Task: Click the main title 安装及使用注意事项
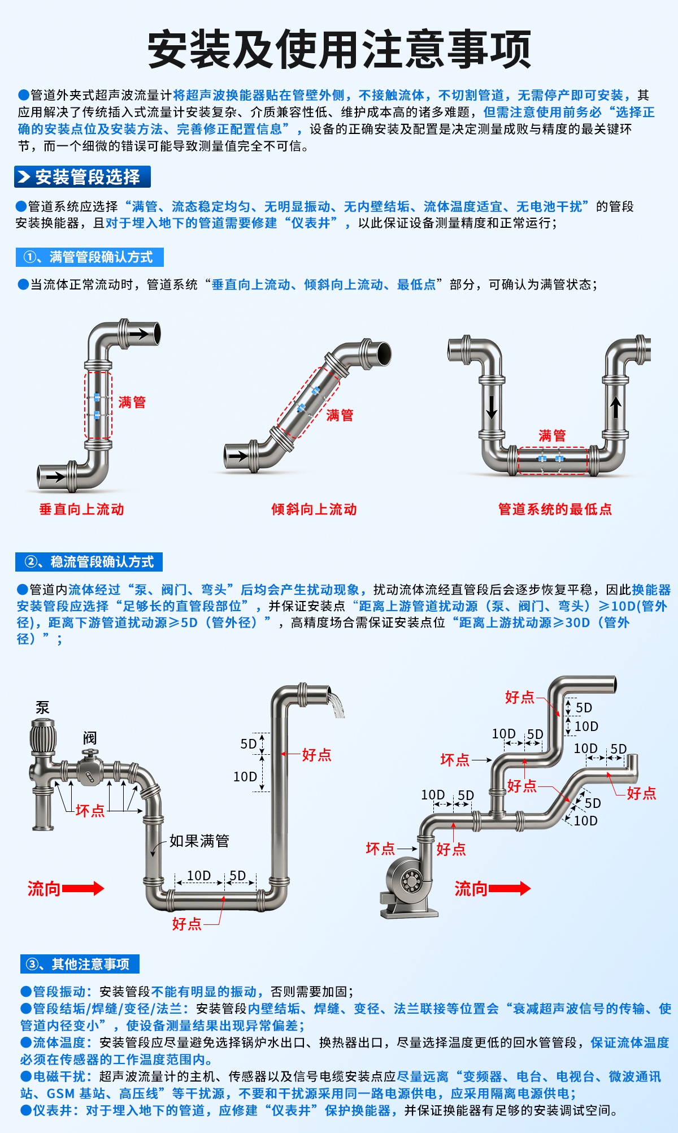coord(339,50)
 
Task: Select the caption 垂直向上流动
coord(81,509)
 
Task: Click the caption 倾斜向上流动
coord(314,509)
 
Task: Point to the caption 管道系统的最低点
coord(554,509)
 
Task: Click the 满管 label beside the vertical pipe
coord(132,403)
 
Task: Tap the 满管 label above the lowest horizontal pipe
coord(551,435)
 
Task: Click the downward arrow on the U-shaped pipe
coord(492,407)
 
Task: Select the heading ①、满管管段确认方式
coord(89,257)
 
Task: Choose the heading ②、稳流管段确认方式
coord(89,562)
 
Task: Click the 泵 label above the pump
coord(42,708)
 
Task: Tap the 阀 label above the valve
coord(90,738)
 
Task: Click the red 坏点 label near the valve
coord(90,811)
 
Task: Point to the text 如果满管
coord(199,841)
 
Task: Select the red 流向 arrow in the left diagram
coord(82,889)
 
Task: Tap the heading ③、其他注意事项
coord(80,964)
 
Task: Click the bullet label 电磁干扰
coord(59,1076)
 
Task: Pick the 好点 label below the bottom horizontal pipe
coord(186,924)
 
